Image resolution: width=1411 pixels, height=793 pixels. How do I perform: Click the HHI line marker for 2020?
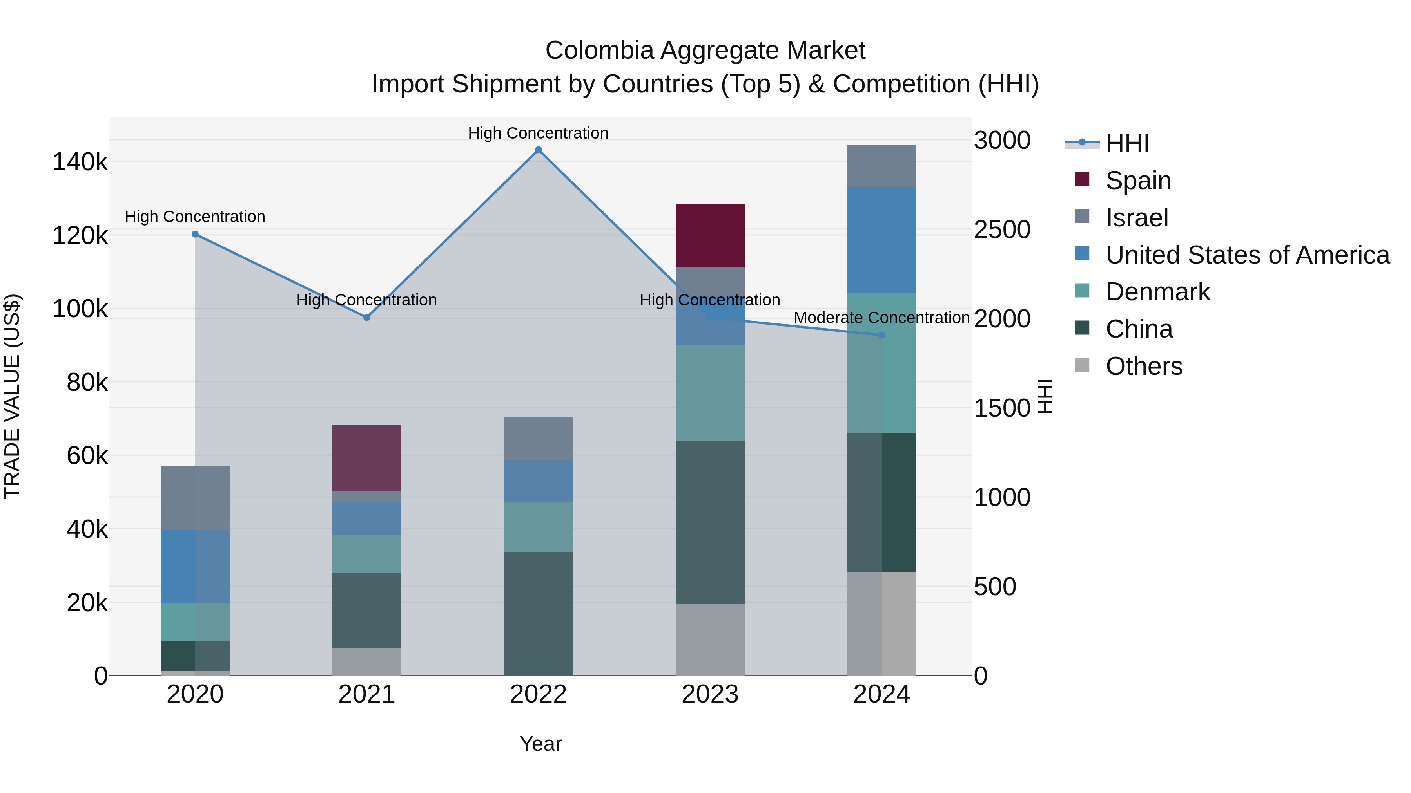click(195, 234)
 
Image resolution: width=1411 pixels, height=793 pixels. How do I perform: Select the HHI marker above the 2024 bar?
click(881, 335)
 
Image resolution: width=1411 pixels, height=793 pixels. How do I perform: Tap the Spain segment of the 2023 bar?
click(709, 236)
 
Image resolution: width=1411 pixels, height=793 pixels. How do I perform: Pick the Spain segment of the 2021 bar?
click(366, 458)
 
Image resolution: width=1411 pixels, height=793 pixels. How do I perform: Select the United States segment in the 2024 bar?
click(881, 240)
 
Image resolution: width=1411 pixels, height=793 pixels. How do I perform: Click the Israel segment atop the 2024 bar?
click(881, 166)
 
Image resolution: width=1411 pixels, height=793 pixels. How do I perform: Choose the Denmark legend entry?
click(1157, 292)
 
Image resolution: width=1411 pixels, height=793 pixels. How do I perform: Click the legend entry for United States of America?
click(1247, 255)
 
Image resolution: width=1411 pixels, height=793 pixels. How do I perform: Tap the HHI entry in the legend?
click(1127, 143)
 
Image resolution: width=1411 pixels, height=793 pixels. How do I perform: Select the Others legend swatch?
click(1082, 365)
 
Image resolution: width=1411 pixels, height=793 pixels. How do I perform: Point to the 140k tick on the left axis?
click(80, 163)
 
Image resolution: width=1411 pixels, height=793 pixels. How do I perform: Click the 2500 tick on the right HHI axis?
click(1002, 230)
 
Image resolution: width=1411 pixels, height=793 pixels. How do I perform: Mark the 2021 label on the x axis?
click(366, 694)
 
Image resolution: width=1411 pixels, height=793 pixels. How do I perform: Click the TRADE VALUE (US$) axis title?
click(12, 396)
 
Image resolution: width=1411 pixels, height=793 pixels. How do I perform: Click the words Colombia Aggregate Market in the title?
click(705, 51)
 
